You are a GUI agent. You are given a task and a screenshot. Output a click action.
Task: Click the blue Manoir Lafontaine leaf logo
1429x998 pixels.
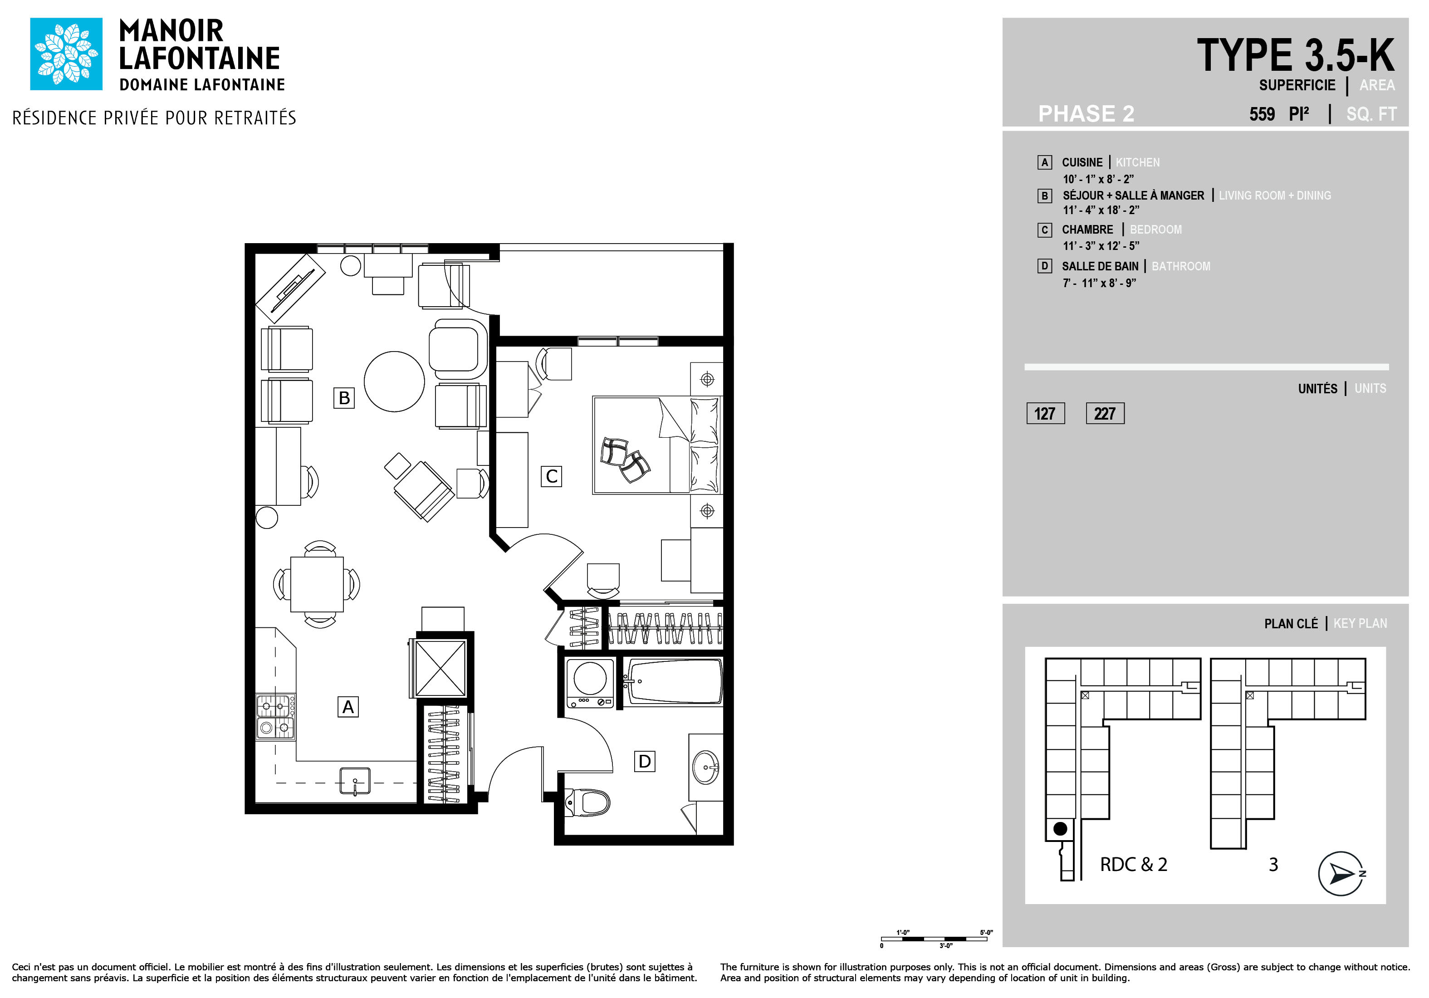pos(66,54)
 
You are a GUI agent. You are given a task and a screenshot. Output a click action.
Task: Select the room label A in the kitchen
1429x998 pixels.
pos(348,707)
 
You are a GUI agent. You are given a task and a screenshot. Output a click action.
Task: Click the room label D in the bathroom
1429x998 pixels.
pos(644,761)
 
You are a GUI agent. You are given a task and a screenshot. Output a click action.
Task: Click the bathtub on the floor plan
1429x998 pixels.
pos(673,682)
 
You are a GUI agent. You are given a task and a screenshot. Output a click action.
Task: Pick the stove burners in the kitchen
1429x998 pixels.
pos(275,717)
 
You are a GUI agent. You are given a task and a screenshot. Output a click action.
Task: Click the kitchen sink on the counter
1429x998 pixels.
pos(355,781)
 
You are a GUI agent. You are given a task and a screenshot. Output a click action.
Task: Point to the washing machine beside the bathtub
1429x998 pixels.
pos(589,683)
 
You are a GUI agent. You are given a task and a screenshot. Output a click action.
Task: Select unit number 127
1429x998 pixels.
pos(1045,414)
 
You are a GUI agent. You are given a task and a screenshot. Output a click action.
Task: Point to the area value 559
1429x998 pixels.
pos(1262,114)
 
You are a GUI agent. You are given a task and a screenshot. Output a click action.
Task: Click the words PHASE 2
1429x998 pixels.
pos(1086,114)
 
